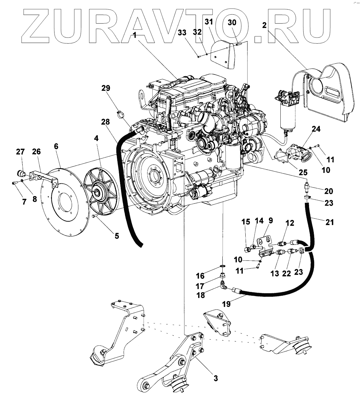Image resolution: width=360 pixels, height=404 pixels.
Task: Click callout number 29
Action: pos(106,88)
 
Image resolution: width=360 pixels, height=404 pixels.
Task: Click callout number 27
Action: pos(21,152)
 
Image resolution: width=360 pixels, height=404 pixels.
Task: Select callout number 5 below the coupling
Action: pos(117,236)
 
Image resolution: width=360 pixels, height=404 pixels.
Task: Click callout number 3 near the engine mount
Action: pos(216,378)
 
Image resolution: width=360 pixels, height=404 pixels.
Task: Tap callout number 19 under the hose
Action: pos(226,304)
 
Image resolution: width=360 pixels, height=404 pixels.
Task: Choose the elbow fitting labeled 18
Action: pos(223,285)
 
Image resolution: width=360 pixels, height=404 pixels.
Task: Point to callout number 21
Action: pos(329,222)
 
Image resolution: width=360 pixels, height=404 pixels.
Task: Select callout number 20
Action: pos(328,191)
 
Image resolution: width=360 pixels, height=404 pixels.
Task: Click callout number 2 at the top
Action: pos(264,26)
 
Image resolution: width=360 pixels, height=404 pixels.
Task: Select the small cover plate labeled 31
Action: pos(225,57)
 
